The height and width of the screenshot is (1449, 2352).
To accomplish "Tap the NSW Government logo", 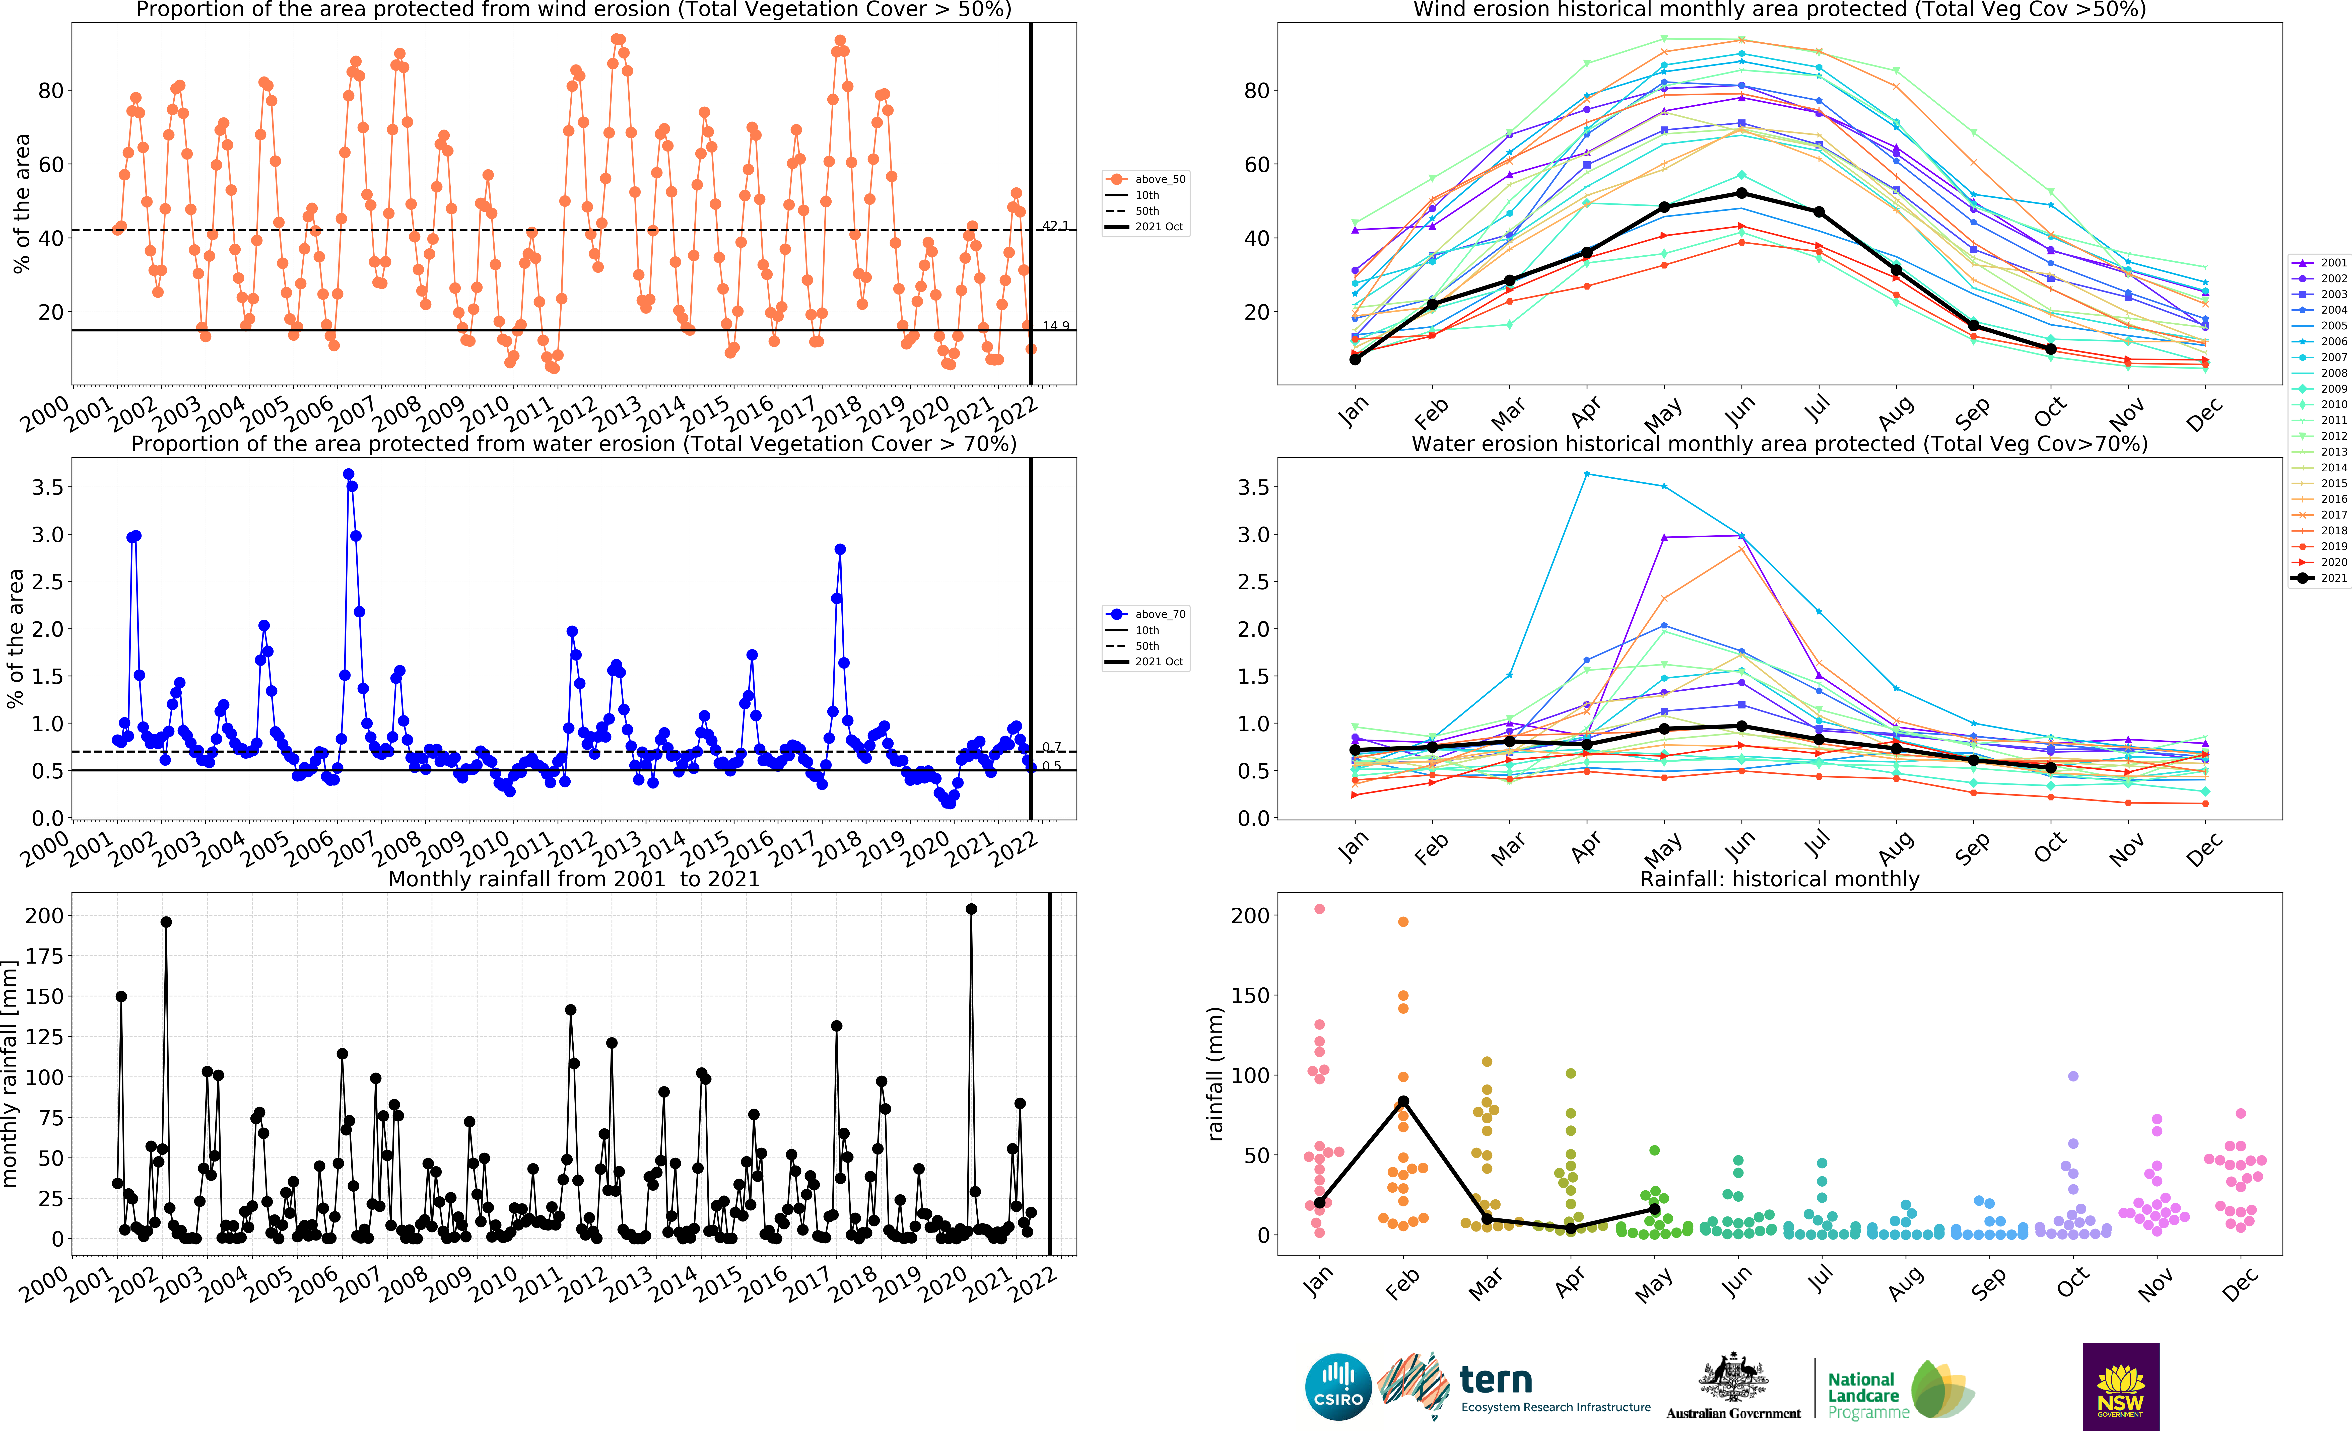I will [2120, 1386].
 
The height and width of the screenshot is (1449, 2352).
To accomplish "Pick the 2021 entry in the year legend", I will [2319, 578].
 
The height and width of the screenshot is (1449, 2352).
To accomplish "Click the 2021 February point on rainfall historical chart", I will [1403, 1102].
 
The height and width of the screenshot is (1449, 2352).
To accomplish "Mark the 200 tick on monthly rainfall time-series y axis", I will [44, 915].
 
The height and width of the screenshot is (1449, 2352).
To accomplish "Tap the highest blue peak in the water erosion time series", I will [349, 474].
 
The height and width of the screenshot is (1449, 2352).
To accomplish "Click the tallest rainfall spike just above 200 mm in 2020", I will [971, 908].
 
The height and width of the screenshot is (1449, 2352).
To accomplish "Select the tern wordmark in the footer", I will [1495, 1381].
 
